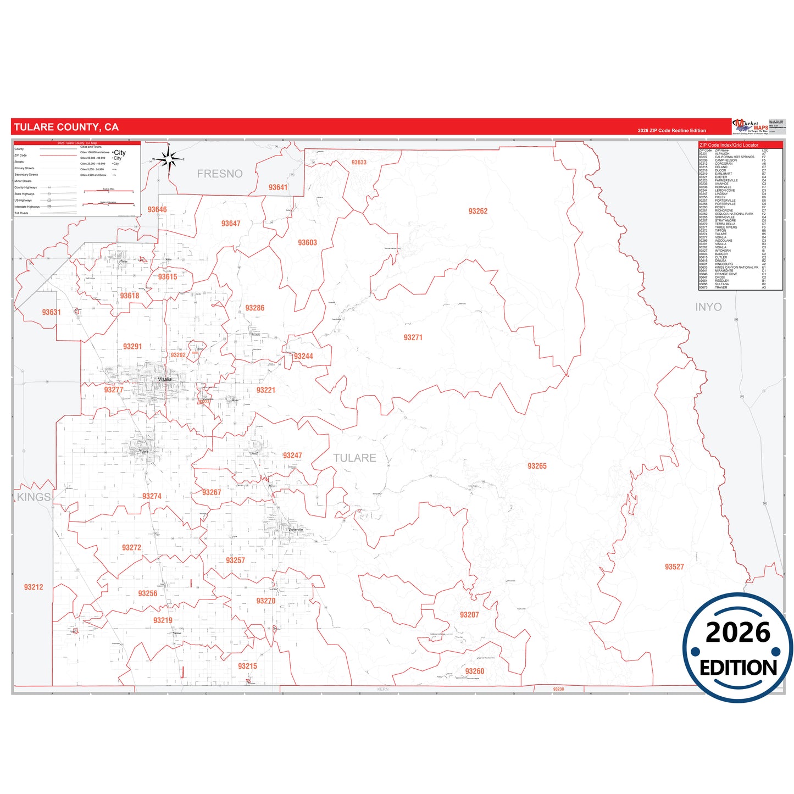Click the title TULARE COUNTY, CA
(x=66, y=127)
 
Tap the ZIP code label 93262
(x=477, y=211)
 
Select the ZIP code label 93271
(x=413, y=337)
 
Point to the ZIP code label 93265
(x=537, y=466)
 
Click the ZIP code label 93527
(x=674, y=567)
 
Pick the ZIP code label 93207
(x=469, y=615)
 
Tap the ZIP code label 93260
(x=475, y=671)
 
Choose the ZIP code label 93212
(x=34, y=587)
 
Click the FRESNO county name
(x=220, y=174)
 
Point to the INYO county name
(x=708, y=307)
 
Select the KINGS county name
(x=34, y=497)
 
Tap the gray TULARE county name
(x=354, y=458)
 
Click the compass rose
(x=169, y=160)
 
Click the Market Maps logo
(x=751, y=126)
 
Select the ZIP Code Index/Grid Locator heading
(x=729, y=145)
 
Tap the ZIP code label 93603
(x=307, y=243)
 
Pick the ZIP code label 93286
(x=254, y=308)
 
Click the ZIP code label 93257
(x=235, y=560)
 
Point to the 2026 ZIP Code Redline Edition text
(x=671, y=131)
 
